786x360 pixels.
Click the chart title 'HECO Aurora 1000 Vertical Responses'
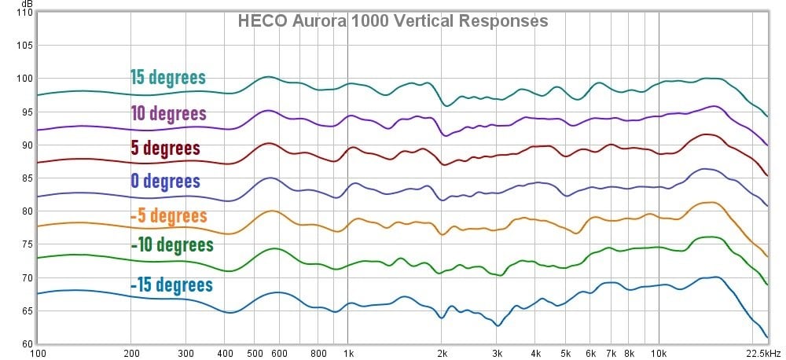393,21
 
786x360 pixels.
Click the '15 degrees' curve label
167,77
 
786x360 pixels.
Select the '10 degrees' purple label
167,113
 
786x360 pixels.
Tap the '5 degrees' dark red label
165,148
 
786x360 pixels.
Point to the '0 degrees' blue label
165,182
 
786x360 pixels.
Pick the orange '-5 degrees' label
169,215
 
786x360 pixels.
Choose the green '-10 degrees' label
172,245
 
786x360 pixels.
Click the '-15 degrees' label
171,284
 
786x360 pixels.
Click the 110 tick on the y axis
24,13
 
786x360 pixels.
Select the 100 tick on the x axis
38,354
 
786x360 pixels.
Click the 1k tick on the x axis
348,354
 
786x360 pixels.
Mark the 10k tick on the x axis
659,354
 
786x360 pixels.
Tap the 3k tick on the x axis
497,354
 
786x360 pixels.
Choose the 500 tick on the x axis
255,354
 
